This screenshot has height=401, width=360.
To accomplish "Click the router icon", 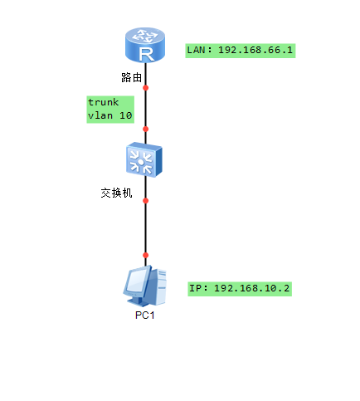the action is [x=145, y=45].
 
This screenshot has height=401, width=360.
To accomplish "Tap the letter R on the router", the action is [x=146, y=54].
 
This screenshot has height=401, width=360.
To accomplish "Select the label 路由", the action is [x=131, y=77].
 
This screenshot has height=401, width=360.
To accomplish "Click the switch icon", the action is [x=144, y=159].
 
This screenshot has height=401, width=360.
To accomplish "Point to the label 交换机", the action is [x=116, y=193].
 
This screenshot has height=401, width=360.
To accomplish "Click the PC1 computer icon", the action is [x=144, y=286].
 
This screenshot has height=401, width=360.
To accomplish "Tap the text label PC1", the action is [x=144, y=315].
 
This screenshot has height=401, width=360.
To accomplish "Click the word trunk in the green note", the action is [x=104, y=102].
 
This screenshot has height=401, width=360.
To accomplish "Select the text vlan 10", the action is [x=110, y=115].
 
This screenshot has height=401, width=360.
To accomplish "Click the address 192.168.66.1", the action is [x=255, y=50].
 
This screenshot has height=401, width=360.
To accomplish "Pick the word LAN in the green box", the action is [x=196, y=50].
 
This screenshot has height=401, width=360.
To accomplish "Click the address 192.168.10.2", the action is [x=251, y=288].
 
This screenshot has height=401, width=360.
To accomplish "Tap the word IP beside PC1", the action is [x=195, y=288].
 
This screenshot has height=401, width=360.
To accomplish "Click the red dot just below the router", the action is [x=145, y=88].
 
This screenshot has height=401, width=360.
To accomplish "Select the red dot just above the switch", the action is [x=145, y=129].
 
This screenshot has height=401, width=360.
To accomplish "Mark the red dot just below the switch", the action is [x=145, y=201].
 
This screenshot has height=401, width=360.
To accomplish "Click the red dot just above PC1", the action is [x=145, y=255].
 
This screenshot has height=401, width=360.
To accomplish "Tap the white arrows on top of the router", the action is [x=145, y=36].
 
